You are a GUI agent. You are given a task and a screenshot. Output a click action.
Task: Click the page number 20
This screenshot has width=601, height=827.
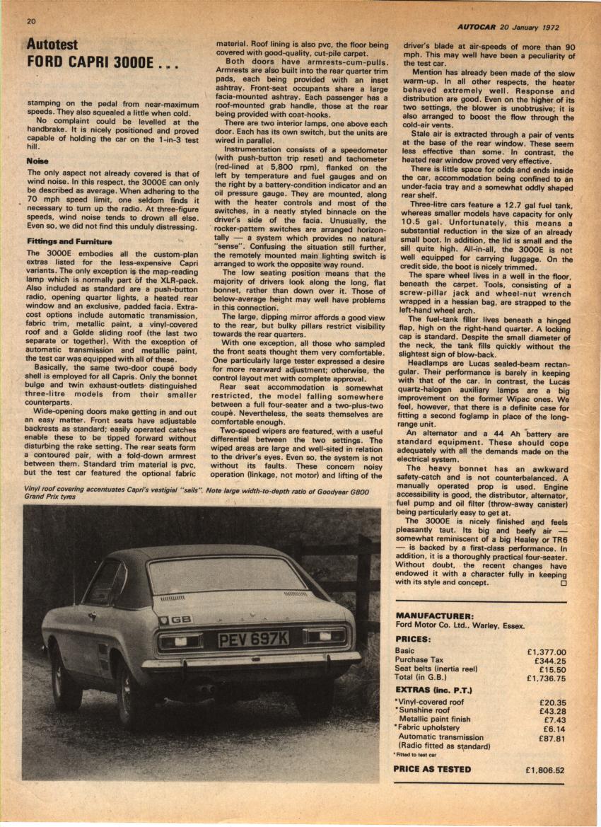click(x=31, y=21)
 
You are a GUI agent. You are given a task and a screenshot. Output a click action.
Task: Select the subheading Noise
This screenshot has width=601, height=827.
click(x=38, y=161)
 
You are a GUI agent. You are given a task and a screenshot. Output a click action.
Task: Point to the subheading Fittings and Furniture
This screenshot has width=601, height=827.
click(x=69, y=242)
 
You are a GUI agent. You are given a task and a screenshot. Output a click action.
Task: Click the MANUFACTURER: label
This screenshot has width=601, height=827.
click(x=435, y=616)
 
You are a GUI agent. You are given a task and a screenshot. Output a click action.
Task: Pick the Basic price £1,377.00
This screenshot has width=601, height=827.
click(x=547, y=652)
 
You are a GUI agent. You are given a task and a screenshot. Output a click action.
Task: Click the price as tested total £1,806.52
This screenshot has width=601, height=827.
click(x=544, y=770)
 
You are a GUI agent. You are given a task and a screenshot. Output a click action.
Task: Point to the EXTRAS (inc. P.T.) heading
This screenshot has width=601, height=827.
click(x=433, y=690)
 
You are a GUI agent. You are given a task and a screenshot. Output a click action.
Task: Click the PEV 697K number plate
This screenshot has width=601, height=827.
click(x=253, y=639)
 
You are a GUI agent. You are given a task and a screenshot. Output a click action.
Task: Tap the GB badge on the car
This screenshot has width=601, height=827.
click(x=180, y=620)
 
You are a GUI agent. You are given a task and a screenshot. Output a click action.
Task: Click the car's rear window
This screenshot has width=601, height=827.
click(x=226, y=575)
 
